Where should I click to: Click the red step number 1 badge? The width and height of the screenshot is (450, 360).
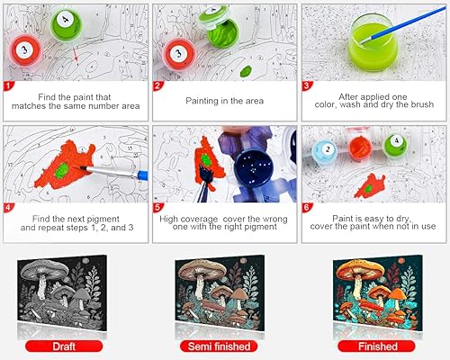click(x=8, y=87)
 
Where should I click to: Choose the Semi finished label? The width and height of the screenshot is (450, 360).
click(x=225, y=345)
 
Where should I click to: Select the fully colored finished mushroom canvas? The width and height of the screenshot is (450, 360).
click(x=376, y=293)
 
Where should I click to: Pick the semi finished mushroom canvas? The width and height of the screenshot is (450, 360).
click(x=226, y=293)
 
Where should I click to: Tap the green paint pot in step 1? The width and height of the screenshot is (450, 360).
click(x=65, y=22)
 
